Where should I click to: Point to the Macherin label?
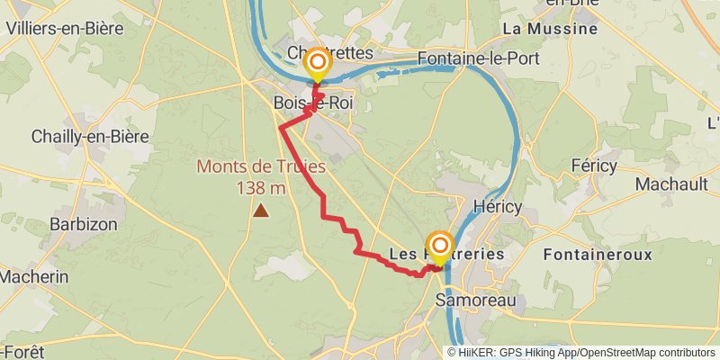33,277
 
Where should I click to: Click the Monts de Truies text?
261,166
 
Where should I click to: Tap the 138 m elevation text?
261,187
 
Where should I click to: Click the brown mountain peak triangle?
261,211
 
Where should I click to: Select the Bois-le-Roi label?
313,103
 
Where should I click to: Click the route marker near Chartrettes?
317,63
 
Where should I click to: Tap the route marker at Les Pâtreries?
440,245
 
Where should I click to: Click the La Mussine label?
550,29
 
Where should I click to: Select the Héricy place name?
497,206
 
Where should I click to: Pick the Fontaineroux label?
598,255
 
